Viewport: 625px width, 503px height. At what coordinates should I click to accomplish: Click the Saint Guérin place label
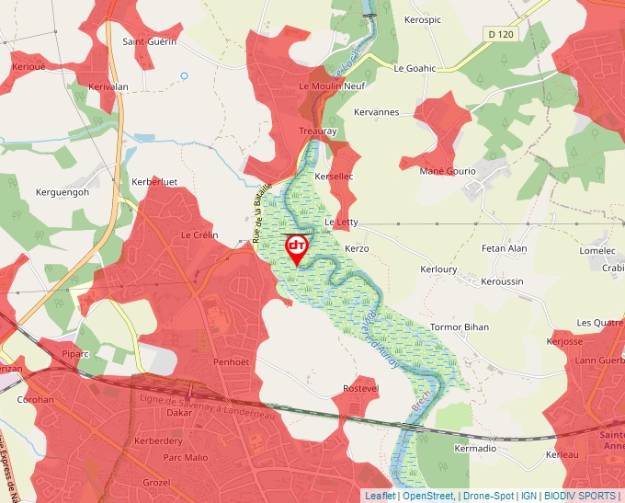point(149,41)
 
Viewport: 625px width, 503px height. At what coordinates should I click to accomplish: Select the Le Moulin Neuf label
point(333,86)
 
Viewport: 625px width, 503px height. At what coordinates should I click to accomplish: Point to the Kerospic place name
point(423,19)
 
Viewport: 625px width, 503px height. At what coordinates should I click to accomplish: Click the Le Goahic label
point(415,68)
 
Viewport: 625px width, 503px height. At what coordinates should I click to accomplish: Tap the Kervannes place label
point(377,112)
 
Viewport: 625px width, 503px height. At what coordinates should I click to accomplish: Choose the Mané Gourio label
point(448,171)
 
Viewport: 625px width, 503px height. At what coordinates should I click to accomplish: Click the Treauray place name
point(319,131)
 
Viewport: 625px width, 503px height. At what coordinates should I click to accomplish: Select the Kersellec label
point(334,175)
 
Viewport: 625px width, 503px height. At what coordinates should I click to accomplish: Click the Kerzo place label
point(357,249)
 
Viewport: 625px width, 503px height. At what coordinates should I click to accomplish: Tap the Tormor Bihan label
point(460,327)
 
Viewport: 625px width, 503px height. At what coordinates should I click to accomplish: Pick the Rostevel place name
point(360,389)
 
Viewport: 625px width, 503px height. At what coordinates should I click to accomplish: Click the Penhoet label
point(232,362)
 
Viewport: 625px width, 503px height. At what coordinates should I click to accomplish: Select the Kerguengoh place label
point(62,192)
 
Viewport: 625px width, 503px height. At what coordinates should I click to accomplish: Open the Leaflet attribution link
point(380,496)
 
